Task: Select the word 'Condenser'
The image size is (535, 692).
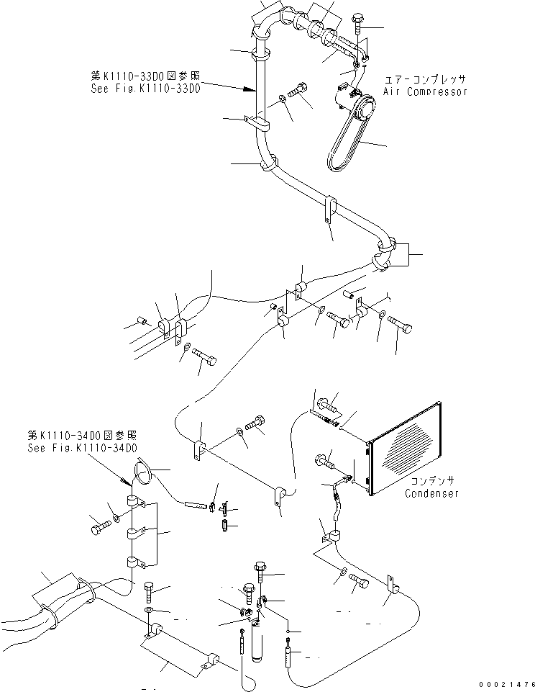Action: (431, 493)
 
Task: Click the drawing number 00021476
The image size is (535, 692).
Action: (508, 683)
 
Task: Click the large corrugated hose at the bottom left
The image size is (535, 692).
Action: (43, 612)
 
